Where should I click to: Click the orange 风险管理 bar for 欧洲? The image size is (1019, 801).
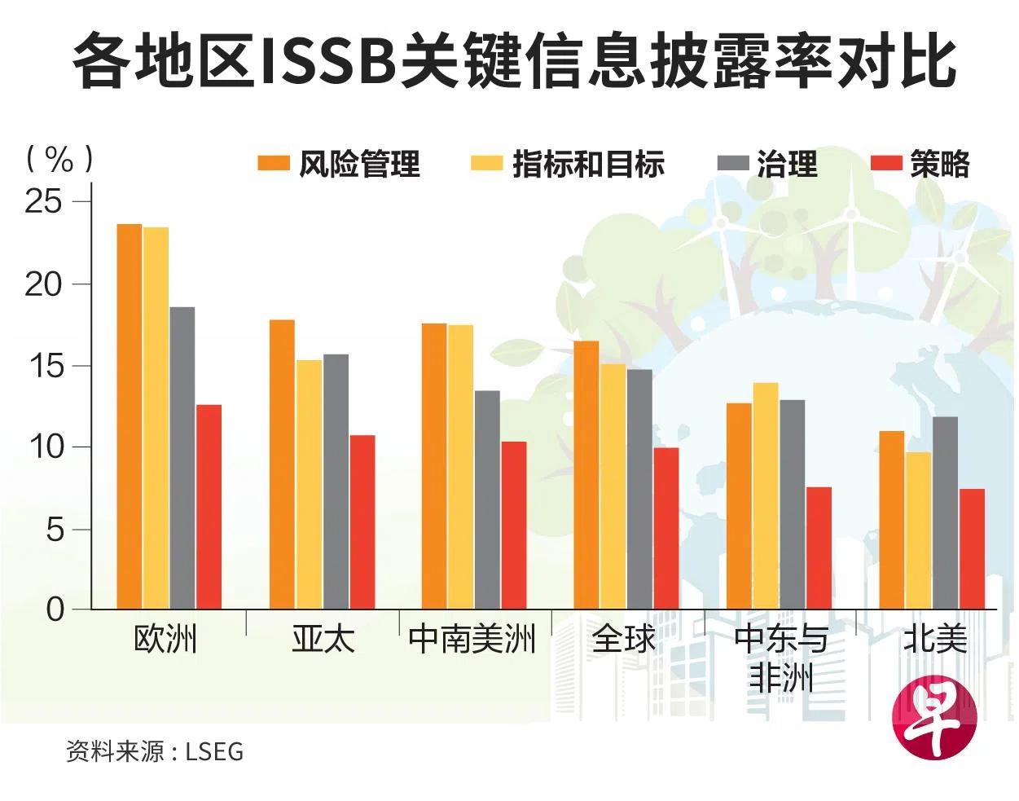(x=130, y=416)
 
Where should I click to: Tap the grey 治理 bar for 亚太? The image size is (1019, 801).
(x=336, y=482)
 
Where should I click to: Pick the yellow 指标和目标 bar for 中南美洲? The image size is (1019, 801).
(x=460, y=467)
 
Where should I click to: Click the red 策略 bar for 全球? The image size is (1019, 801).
(x=666, y=528)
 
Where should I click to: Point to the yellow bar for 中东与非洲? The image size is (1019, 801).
(x=765, y=495)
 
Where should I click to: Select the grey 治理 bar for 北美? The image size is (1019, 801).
(x=945, y=513)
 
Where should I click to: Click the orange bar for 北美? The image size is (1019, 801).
(x=892, y=520)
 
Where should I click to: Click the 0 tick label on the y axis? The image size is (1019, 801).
(x=55, y=609)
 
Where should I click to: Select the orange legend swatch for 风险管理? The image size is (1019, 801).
(x=273, y=164)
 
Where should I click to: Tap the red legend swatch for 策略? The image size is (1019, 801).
(x=886, y=164)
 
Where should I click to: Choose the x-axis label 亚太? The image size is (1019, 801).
(x=323, y=639)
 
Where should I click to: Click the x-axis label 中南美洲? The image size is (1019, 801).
(x=472, y=639)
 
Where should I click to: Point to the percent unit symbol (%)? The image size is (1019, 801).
(x=59, y=159)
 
